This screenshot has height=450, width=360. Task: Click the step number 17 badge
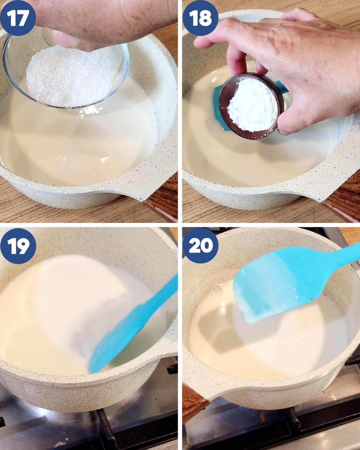coord(18,18)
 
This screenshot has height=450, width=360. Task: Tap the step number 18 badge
coord(200,18)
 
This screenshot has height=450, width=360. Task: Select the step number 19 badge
coord(18,246)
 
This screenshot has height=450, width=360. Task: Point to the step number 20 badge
coord(200,246)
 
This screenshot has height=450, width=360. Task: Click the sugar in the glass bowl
coord(69,77)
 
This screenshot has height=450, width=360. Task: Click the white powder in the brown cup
coord(251,105)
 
